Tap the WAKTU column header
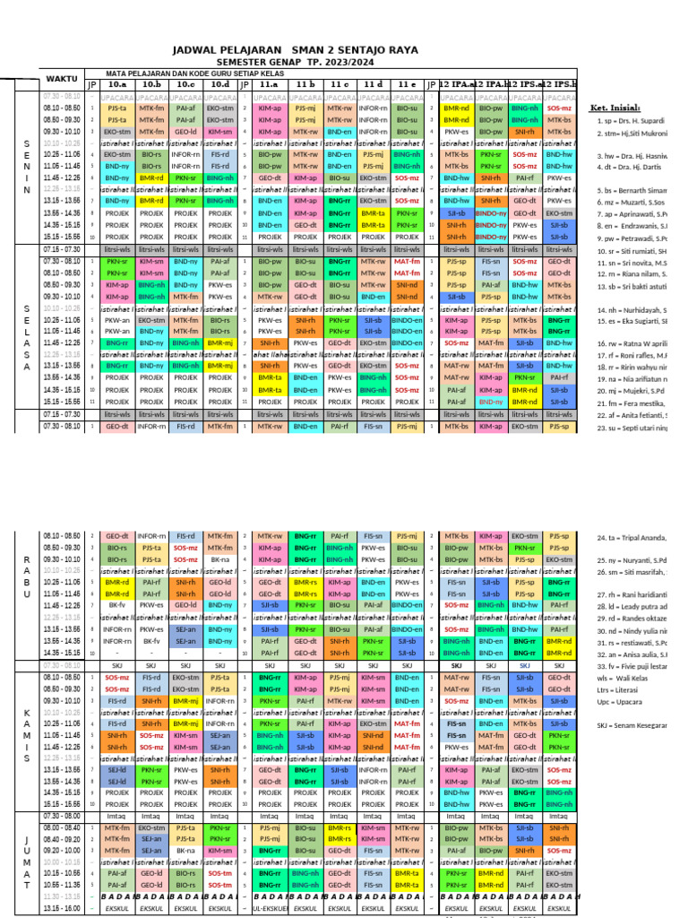[61, 79]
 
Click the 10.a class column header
[116, 84]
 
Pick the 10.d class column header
[219, 84]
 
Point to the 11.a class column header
[268, 84]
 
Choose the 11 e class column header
[406, 84]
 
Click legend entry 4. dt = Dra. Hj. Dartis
[631, 167]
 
